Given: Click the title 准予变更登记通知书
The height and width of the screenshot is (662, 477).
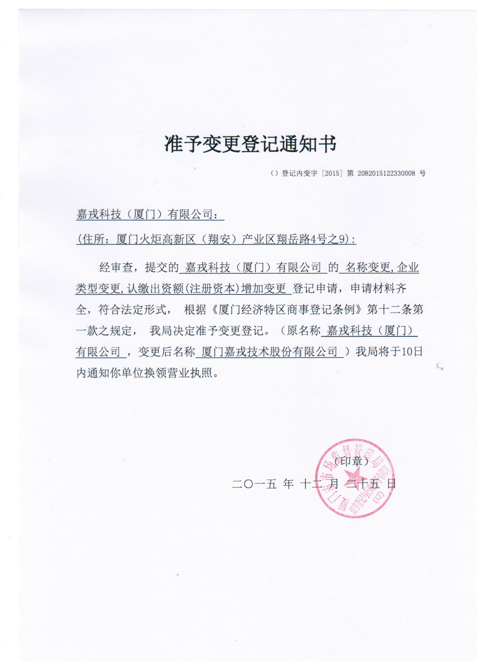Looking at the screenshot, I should (x=250, y=144).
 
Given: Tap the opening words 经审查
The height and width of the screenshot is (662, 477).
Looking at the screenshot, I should (x=116, y=267).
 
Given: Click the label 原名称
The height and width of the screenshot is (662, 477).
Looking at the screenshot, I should (x=303, y=331).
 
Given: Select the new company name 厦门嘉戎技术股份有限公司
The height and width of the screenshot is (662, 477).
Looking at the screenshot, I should (x=269, y=352).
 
